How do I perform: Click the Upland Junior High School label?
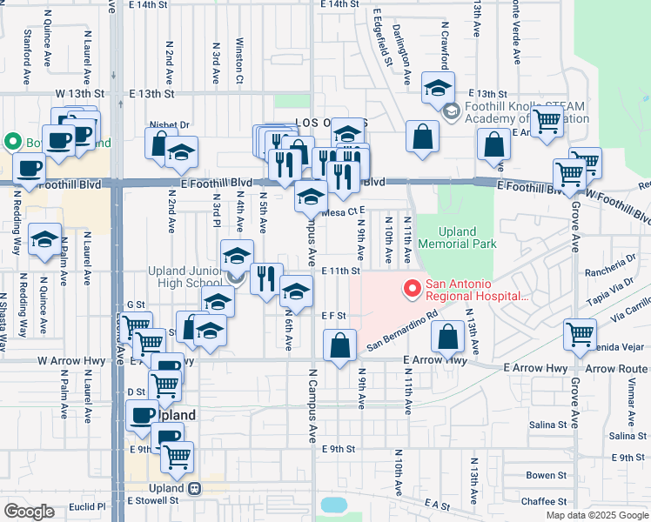click(x=185, y=277)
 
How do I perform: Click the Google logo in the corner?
click(x=29, y=512)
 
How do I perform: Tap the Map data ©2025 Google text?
click(x=595, y=515)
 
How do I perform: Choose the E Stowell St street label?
click(x=153, y=500)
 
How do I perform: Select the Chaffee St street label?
click(x=544, y=501)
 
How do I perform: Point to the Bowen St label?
click(x=547, y=475)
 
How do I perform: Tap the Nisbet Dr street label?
click(x=169, y=125)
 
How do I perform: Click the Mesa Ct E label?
click(x=342, y=211)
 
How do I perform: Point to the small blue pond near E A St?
click(x=333, y=505)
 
